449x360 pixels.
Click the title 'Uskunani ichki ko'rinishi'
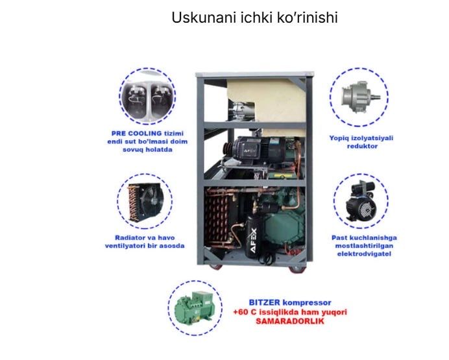pyautogui.click(x=254, y=18)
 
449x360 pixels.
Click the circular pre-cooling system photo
pyautogui.click(x=147, y=97)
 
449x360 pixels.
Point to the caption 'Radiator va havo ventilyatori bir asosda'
pyautogui.click(x=144, y=241)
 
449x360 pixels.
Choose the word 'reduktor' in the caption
pyautogui.click(x=362, y=147)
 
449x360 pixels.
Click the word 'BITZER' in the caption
pyautogui.click(x=264, y=302)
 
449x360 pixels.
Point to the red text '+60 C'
pyautogui.click(x=245, y=312)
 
